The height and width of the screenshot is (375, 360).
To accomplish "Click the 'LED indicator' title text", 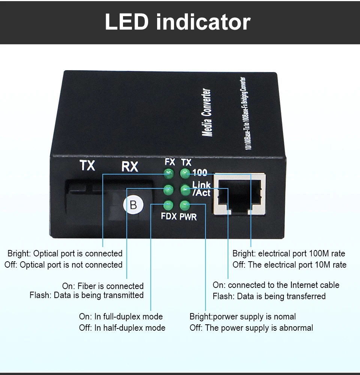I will click(x=177, y=22).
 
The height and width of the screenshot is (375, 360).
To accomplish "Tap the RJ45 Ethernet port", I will click(x=239, y=194).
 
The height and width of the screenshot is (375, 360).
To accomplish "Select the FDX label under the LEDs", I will click(x=169, y=217).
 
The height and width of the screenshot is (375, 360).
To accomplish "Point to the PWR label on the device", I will click(x=188, y=217).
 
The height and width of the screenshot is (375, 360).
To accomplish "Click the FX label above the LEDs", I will click(x=170, y=162).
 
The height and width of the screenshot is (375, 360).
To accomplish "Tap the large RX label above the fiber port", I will click(x=130, y=166).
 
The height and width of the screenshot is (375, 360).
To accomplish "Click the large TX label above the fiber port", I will click(x=87, y=165).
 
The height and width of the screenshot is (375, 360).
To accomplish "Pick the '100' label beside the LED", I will click(x=199, y=173).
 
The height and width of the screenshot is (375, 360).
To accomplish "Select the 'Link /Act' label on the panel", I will click(x=201, y=189).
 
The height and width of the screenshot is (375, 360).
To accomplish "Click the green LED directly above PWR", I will click(x=184, y=205).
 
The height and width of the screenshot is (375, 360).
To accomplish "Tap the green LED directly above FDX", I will click(x=168, y=205).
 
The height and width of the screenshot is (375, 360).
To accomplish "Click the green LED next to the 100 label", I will click(x=184, y=173).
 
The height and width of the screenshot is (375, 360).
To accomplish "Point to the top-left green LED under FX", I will click(x=168, y=173).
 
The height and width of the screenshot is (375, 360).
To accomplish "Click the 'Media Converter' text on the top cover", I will click(x=207, y=112).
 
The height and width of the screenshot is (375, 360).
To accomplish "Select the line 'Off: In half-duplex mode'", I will click(x=122, y=328).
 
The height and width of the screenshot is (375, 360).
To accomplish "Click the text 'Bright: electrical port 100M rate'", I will click(x=289, y=253).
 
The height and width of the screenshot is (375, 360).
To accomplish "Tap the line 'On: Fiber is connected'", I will click(x=103, y=286).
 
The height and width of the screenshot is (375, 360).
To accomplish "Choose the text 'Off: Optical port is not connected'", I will click(x=63, y=265).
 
